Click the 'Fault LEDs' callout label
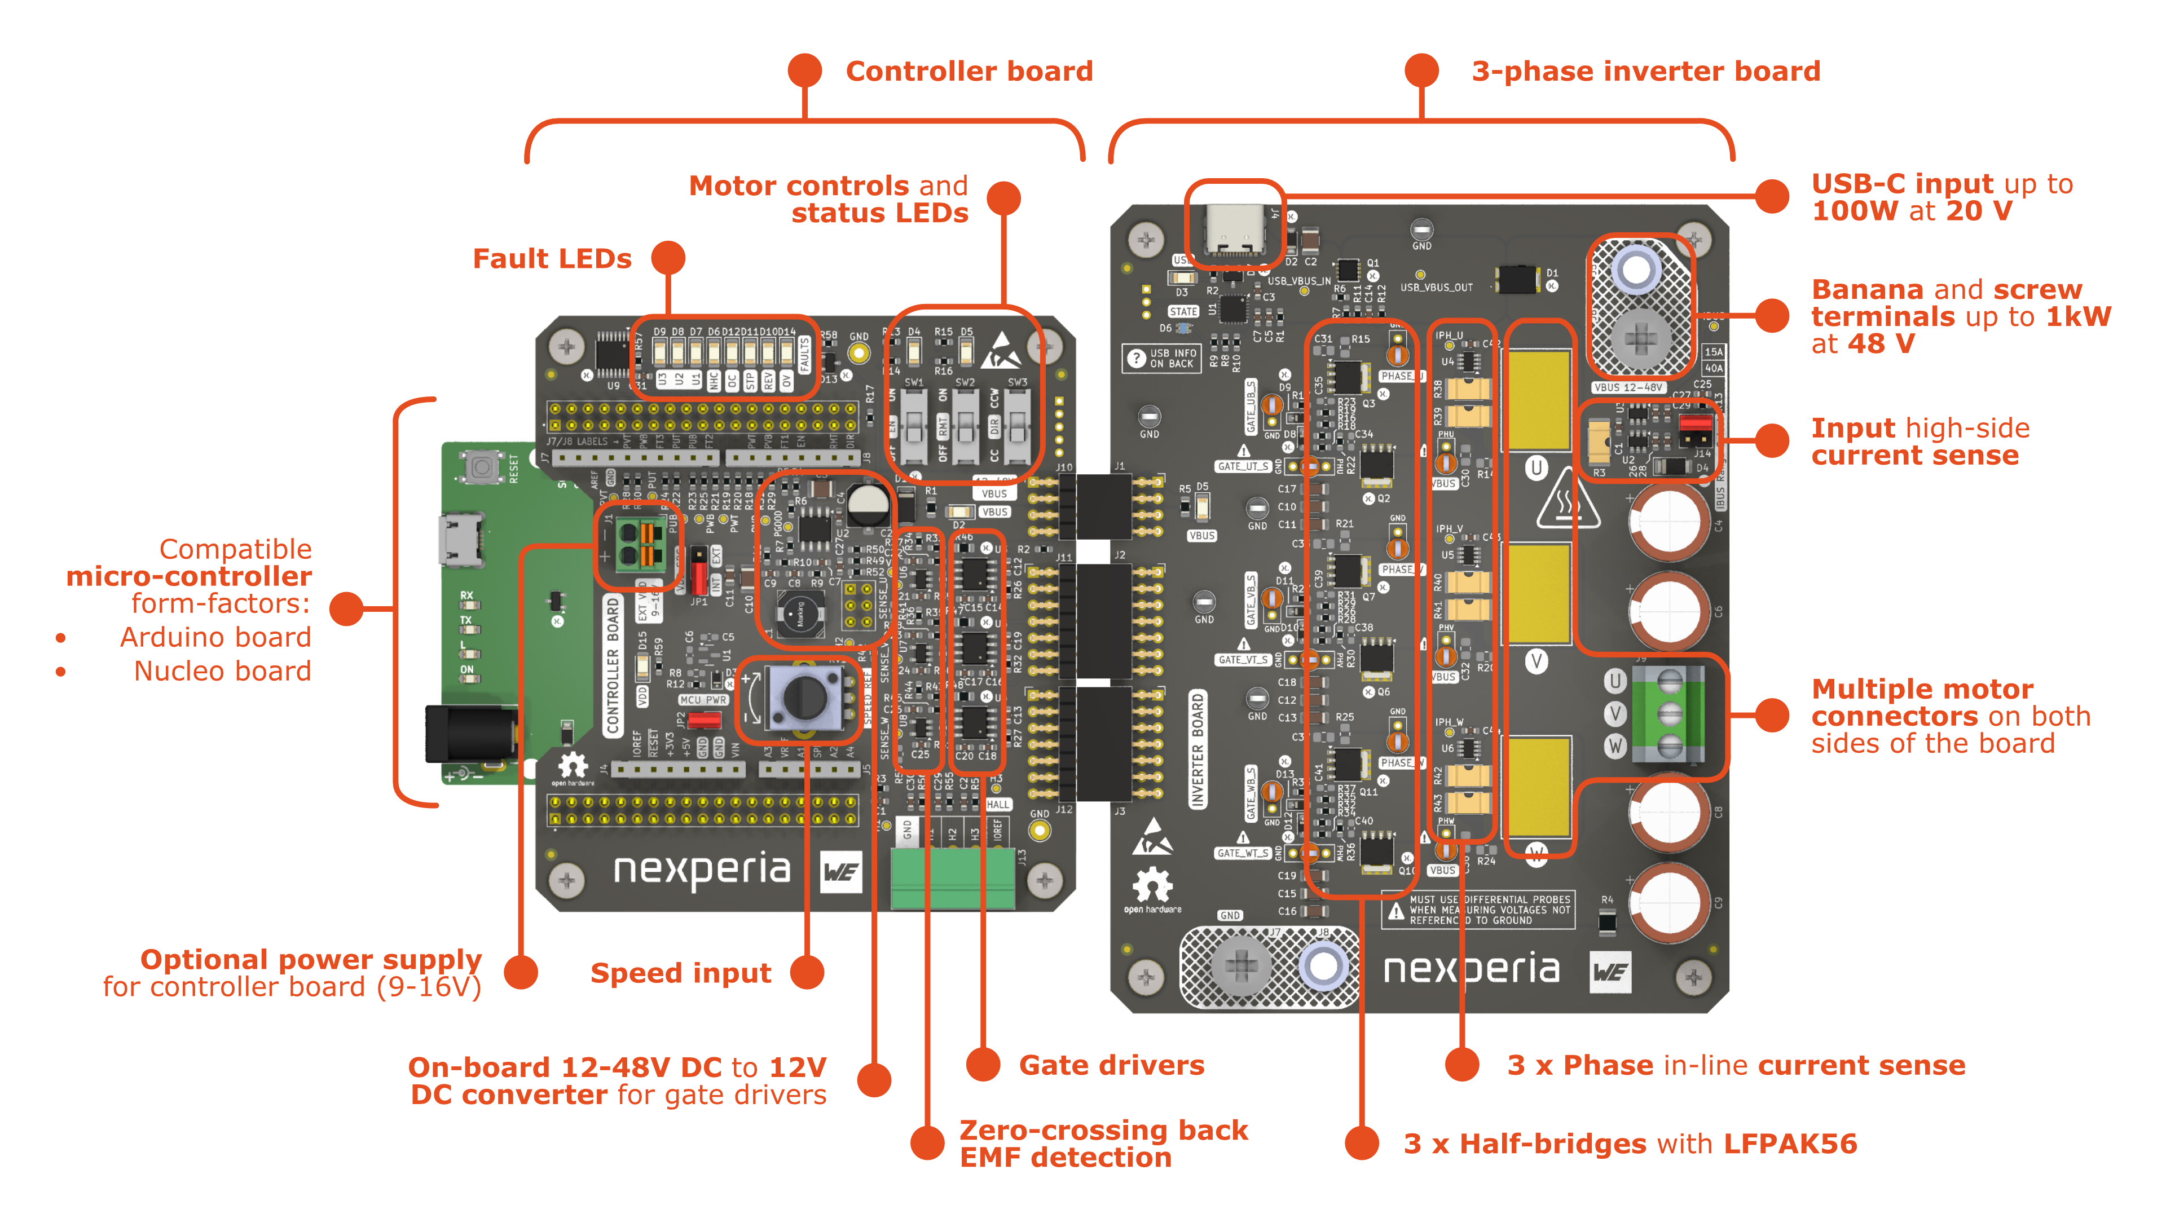(x=552, y=259)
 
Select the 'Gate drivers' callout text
(x=1111, y=1065)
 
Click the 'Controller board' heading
(x=968, y=72)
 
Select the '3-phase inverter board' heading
(x=1645, y=72)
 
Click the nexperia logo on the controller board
(x=702, y=870)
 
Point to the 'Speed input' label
(x=680, y=973)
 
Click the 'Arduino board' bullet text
(x=215, y=637)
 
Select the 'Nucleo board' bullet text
(x=222, y=671)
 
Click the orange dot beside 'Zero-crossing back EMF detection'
(x=927, y=1142)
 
